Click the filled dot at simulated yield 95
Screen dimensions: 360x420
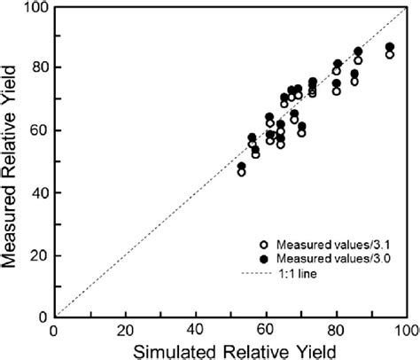coord(389,47)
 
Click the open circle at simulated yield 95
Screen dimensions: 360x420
coord(389,54)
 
